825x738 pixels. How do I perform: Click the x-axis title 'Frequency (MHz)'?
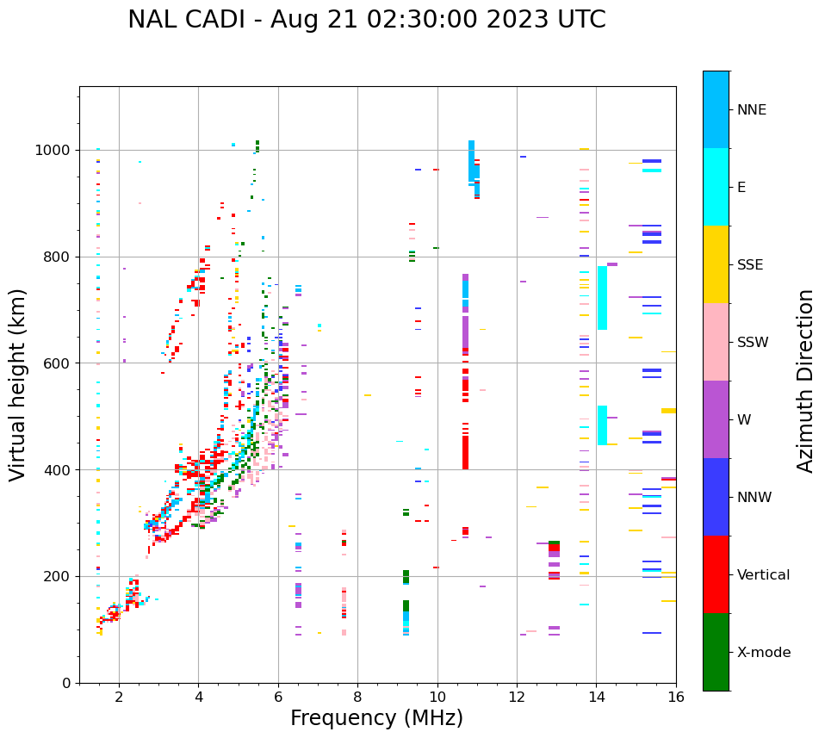pos(376,718)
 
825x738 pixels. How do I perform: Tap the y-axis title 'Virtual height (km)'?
pos(18,384)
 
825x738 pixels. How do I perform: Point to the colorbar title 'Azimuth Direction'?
pos(805,381)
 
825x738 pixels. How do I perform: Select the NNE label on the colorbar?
pos(751,110)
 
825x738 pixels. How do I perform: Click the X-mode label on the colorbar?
pos(763,653)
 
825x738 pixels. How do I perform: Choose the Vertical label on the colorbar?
pos(763,575)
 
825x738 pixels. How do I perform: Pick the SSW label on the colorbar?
pos(753,343)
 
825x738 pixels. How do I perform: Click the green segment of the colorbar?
pos(716,652)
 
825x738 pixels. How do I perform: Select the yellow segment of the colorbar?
pos(716,264)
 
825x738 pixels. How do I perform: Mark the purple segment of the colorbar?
pos(716,419)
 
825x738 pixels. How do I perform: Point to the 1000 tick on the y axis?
pos(57,151)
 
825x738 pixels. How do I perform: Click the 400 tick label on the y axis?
pos(60,470)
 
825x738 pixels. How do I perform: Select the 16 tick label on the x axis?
pos(675,698)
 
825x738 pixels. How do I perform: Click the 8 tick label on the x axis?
pos(357,698)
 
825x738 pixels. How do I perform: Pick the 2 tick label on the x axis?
pos(119,698)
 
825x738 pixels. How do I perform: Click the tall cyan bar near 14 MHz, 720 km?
pos(602,298)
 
